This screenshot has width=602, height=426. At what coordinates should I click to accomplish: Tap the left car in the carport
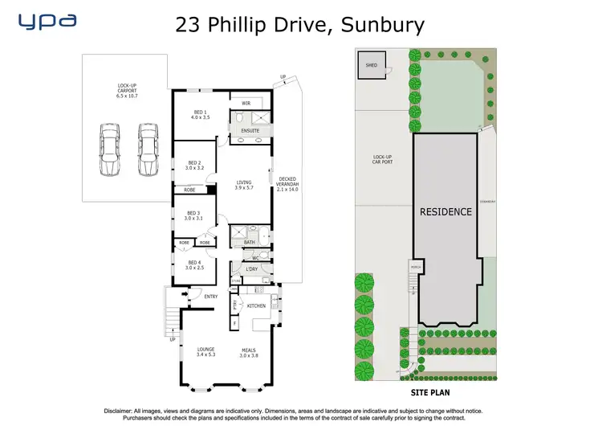click(x=110, y=150)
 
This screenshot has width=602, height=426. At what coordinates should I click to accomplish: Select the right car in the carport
click(x=147, y=150)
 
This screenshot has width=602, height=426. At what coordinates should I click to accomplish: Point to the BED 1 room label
click(x=201, y=115)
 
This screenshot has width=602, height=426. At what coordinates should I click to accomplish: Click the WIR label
click(x=246, y=103)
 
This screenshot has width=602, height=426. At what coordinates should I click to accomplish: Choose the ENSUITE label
click(x=250, y=130)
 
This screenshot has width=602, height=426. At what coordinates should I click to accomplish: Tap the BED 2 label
click(x=194, y=165)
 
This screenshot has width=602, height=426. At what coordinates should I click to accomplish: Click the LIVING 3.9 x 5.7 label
click(x=243, y=185)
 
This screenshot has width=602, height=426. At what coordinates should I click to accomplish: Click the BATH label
click(x=250, y=241)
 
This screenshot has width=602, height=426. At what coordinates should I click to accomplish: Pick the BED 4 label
click(x=193, y=264)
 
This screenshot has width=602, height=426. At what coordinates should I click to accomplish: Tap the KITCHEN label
click(x=255, y=306)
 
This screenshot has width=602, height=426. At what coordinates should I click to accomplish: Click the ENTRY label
click(x=210, y=297)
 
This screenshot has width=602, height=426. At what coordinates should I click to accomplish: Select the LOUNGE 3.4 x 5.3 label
click(x=205, y=351)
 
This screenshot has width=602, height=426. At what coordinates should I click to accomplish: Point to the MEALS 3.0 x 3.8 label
click(x=253, y=351)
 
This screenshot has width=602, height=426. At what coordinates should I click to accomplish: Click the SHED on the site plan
click(x=372, y=65)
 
